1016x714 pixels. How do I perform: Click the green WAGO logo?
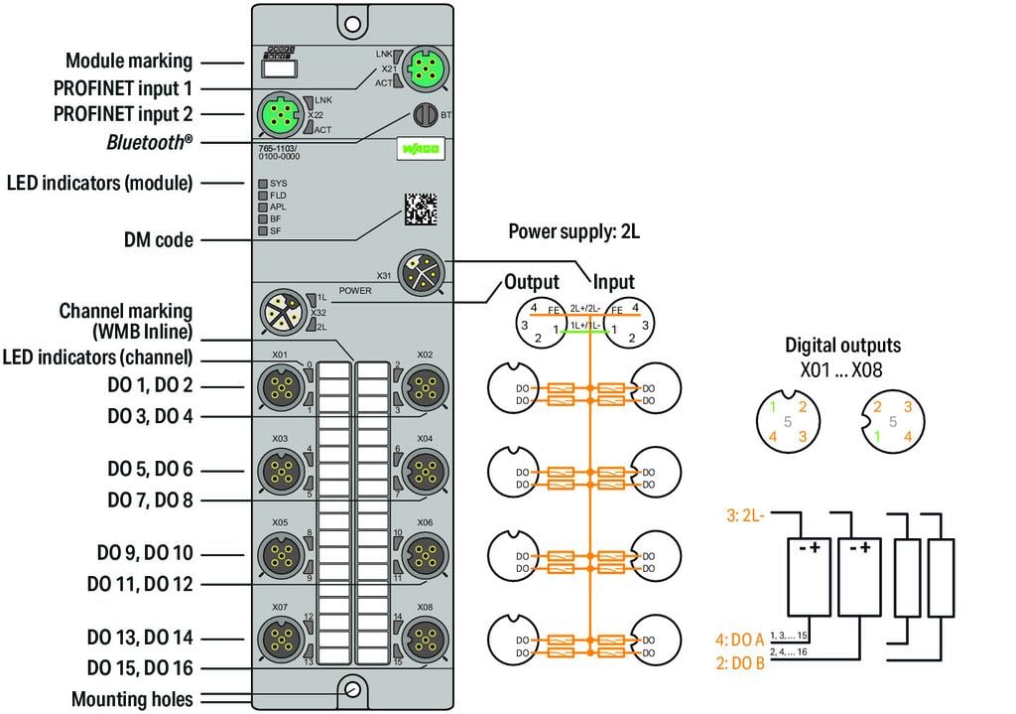pyautogui.click(x=421, y=150)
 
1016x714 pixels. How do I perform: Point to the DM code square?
pyautogui.click(x=421, y=209)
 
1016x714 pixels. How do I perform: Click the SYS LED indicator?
pyautogui.click(x=263, y=184)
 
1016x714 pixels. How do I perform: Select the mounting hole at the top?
pyautogui.click(x=349, y=21)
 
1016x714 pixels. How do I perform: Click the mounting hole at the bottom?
pyautogui.click(x=350, y=689)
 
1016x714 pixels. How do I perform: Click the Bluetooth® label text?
pyautogui.click(x=150, y=142)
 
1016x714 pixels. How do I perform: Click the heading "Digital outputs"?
pyautogui.click(x=842, y=346)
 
